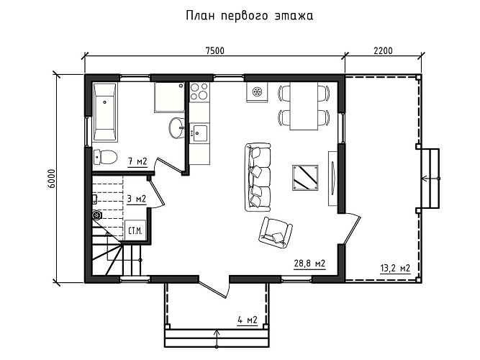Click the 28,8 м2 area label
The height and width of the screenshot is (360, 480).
(310, 264)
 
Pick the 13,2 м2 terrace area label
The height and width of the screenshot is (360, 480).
(394, 269)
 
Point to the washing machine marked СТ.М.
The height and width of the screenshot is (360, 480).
(135, 230)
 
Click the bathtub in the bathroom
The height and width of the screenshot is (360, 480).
(104, 112)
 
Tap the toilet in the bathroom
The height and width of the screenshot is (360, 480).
(104, 156)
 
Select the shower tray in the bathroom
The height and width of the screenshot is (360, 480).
(168, 98)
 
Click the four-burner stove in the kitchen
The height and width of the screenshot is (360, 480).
(199, 93)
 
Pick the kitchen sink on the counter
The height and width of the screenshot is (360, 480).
(199, 132)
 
